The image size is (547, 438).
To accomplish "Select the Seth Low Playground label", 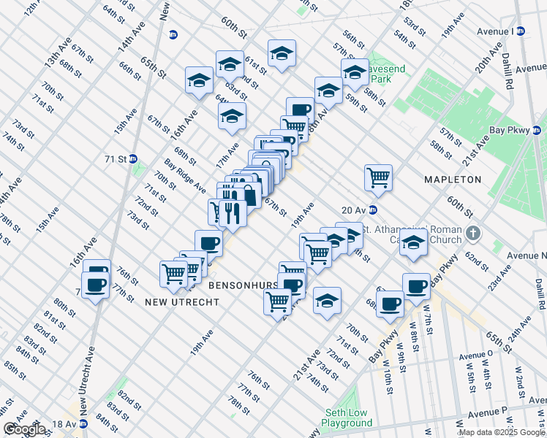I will tap(347, 418).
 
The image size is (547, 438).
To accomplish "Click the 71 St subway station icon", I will tap(133, 158).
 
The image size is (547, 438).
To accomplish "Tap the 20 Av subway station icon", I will tap(372, 210).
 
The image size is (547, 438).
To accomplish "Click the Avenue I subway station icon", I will tap(521, 31).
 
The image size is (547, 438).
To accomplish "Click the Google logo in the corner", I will tap(24, 429).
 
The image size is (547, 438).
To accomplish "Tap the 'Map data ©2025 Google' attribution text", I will tap(502, 432).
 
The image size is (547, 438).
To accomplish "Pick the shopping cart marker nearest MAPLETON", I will tap(378, 177).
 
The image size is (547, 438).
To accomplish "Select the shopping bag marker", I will tap(249, 195).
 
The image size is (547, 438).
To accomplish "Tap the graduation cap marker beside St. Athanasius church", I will tap(413, 244).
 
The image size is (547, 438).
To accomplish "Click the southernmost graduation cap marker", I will tap(327, 300).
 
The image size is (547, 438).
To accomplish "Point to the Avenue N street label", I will tap(527, 255).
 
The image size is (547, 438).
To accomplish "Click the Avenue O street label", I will tap(475, 356).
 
